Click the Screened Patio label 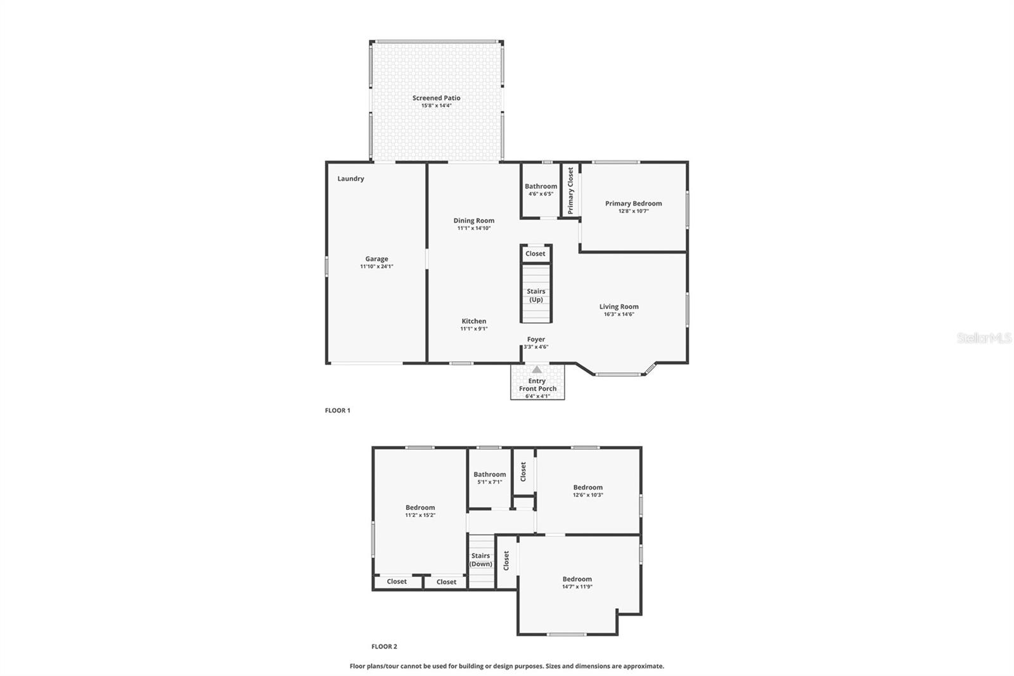[x=436, y=98]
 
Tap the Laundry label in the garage [x=350, y=179]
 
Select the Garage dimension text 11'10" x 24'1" [x=376, y=267]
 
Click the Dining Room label [x=473, y=221]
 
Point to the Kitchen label [x=473, y=322]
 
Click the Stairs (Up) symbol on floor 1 [x=536, y=295]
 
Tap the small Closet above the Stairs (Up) [x=536, y=254]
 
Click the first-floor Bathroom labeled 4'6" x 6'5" [x=541, y=190]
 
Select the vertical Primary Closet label [x=570, y=190]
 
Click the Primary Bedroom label [x=633, y=204]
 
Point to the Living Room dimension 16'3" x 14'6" [x=619, y=315]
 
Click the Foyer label [x=536, y=339]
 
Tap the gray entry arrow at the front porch [x=537, y=370]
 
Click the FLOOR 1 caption [x=337, y=410]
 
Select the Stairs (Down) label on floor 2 [x=480, y=559]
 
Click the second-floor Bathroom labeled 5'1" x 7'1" [x=489, y=478]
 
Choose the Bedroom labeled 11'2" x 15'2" [x=420, y=511]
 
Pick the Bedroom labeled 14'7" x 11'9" [x=577, y=582]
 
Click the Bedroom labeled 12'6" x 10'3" [x=587, y=491]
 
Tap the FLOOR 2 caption [x=384, y=647]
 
